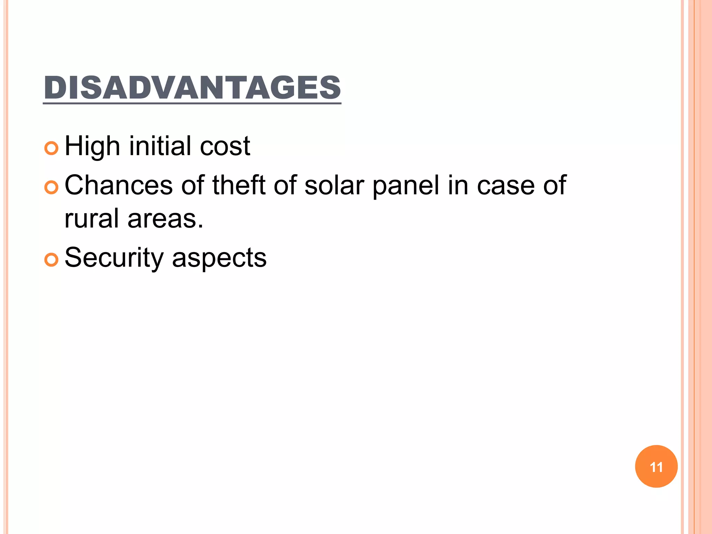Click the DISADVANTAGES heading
click(192, 88)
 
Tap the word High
click(92, 146)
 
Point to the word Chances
click(119, 185)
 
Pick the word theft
click(239, 185)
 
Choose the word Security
click(114, 258)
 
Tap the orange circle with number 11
click(656, 466)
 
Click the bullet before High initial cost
click(51, 148)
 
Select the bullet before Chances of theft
click(51, 188)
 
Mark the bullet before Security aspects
click(51, 260)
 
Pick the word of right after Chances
click(192, 185)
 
